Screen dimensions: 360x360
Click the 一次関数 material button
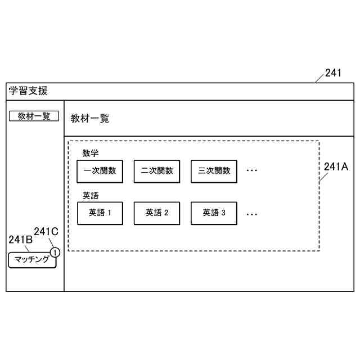pos(100,171)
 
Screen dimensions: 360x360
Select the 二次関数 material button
pos(157,171)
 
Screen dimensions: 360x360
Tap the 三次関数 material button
pos(214,171)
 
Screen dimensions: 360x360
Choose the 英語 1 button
pos(100,213)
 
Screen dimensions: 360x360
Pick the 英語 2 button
pos(157,213)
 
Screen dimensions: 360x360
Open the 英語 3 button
pos(214,213)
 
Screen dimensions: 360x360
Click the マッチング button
pos(32,260)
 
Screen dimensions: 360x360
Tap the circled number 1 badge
pos(55,253)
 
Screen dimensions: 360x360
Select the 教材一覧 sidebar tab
pos(34,116)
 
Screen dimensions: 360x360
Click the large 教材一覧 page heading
pos(90,119)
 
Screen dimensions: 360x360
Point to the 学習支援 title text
pos(28,91)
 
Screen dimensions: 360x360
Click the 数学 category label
pos(91,153)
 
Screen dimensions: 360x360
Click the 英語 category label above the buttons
pos(91,196)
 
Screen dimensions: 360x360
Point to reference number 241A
pos(336,166)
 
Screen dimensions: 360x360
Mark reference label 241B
pos(20,240)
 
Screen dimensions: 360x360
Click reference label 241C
pos(46,231)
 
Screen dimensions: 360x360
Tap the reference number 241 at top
pos(333,73)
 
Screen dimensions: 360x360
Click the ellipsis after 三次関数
pos(252,171)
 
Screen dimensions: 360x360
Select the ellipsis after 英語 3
pos(252,214)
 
